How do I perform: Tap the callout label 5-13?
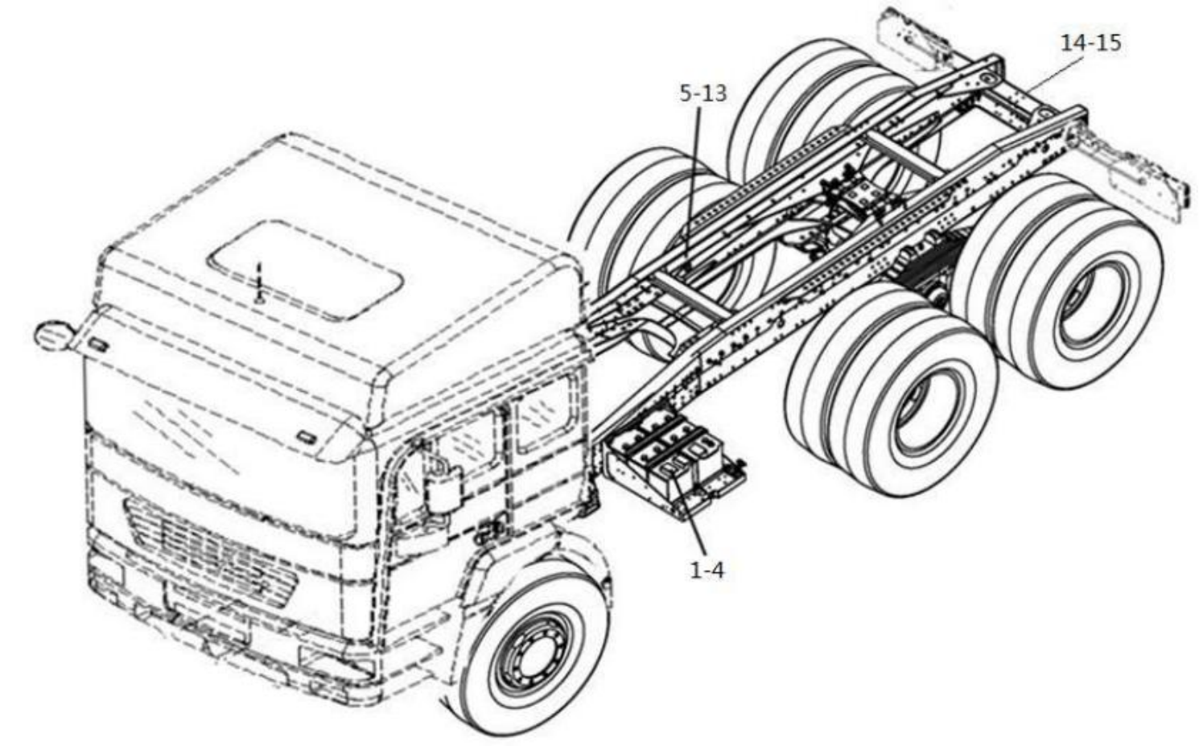tap(702, 93)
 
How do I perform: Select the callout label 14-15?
tap(1090, 43)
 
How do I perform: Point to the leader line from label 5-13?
tap(694, 177)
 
